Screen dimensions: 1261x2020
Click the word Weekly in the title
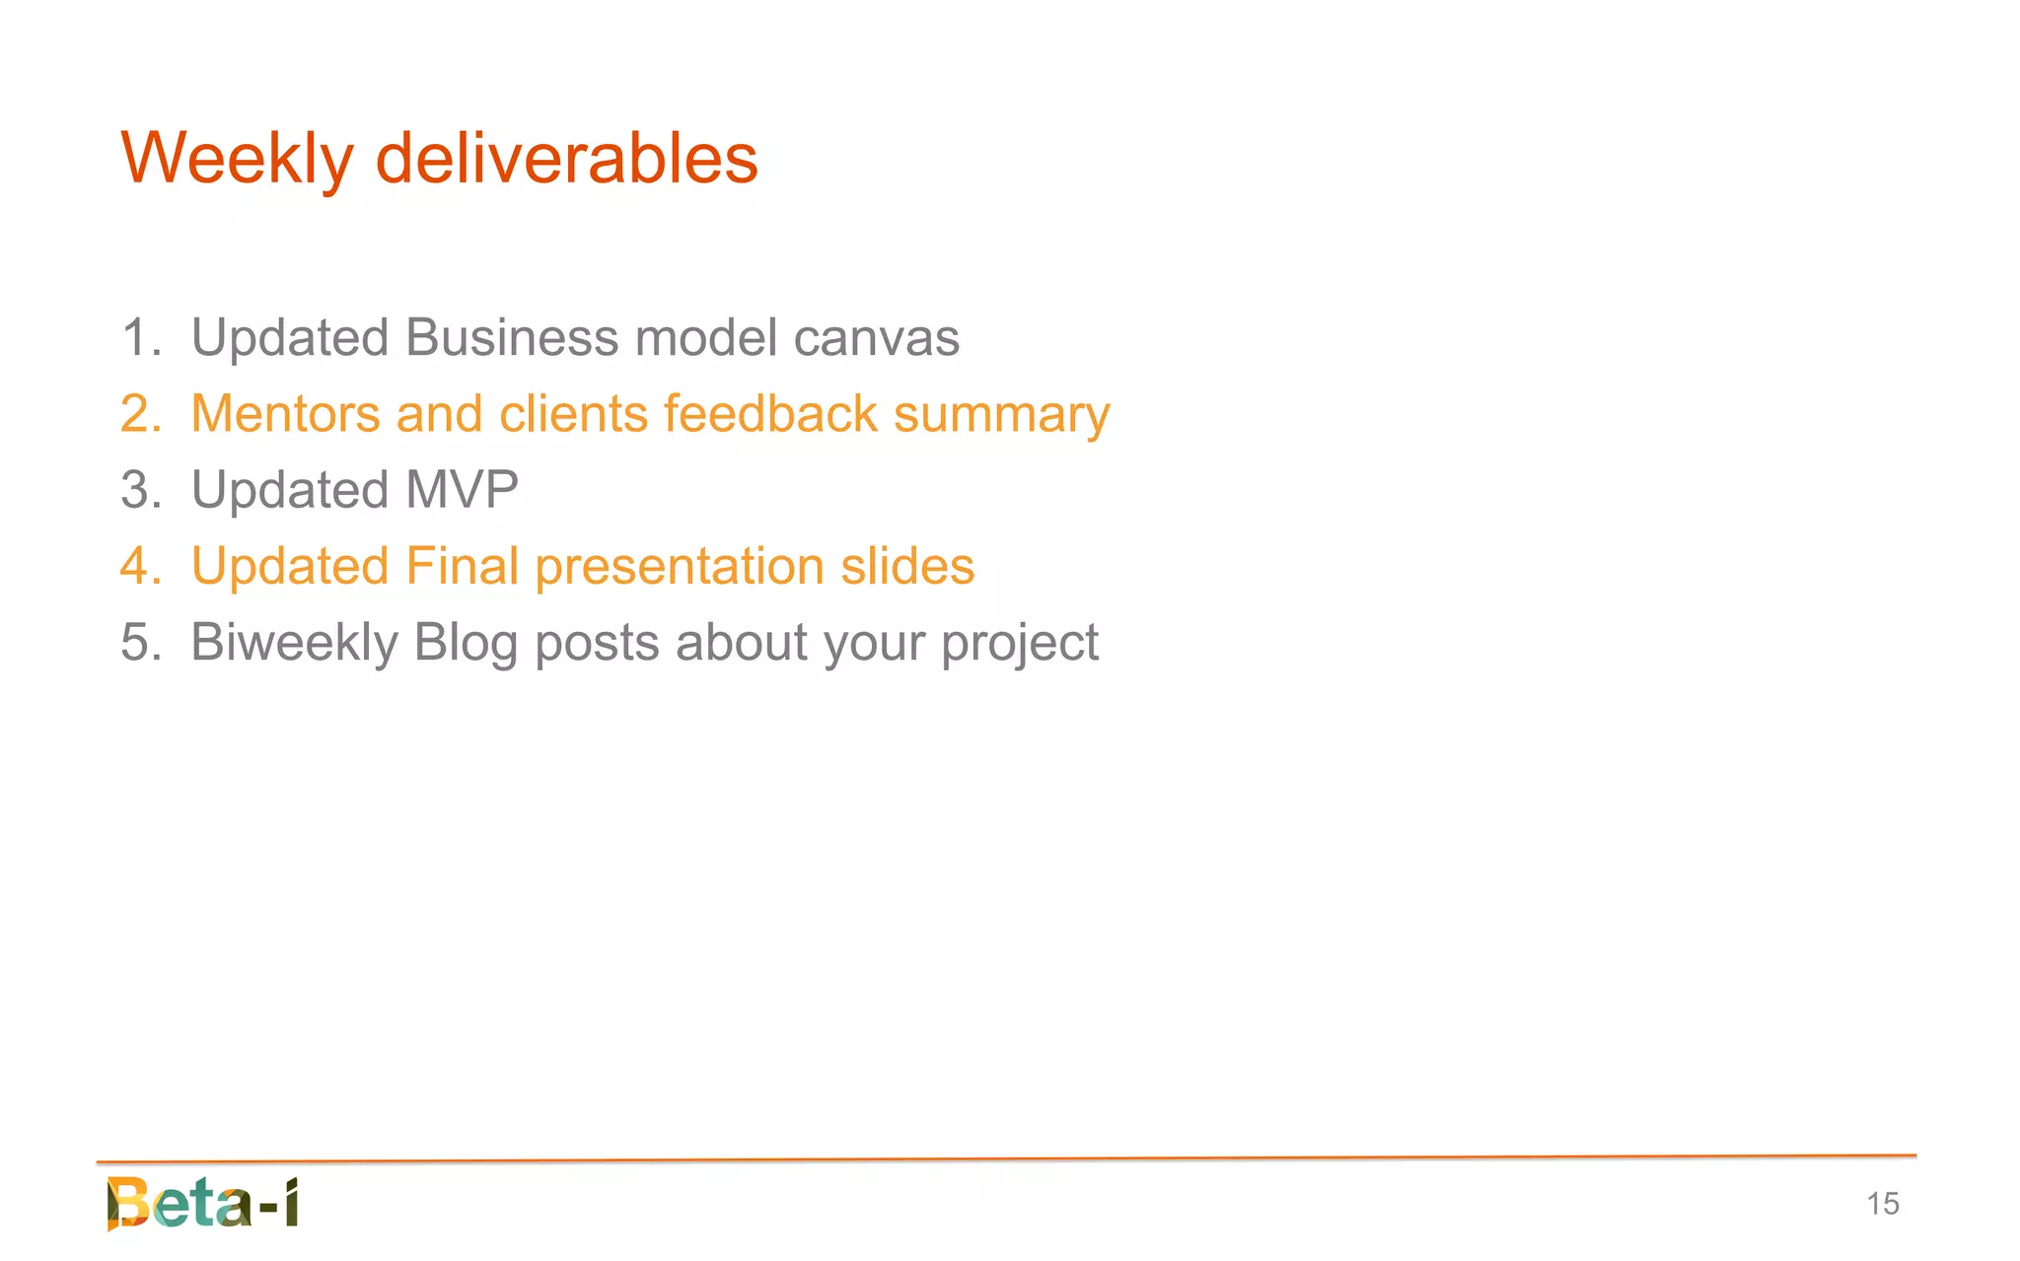[x=236, y=160]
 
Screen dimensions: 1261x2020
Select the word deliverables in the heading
[x=566, y=160]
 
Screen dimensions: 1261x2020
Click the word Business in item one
[x=511, y=338]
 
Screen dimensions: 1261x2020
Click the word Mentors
[x=285, y=414]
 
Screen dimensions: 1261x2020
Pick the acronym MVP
[x=462, y=490]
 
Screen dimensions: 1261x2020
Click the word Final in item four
[x=462, y=567]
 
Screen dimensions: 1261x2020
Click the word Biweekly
[x=294, y=643]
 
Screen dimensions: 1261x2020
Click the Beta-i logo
[x=202, y=1203]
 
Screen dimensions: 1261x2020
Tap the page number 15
[x=1882, y=1204]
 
